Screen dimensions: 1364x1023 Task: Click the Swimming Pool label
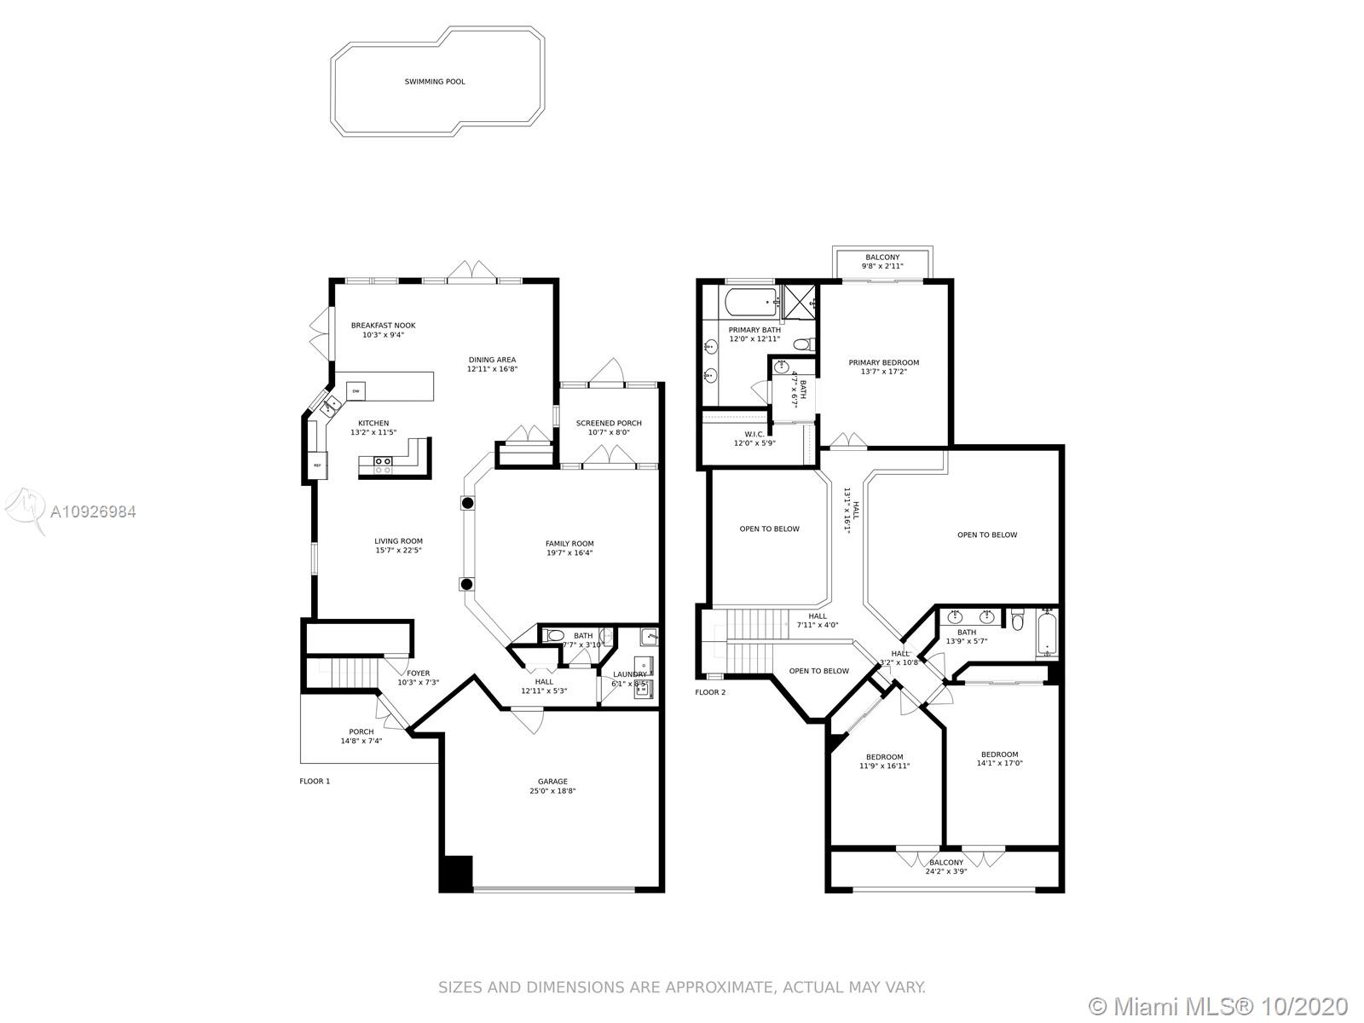(435, 81)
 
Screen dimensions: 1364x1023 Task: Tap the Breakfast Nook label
(383, 326)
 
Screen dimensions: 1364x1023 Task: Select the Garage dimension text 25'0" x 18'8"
(552, 791)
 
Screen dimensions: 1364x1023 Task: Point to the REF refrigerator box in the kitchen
(317, 465)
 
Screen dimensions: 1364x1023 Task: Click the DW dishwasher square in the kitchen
(355, 390)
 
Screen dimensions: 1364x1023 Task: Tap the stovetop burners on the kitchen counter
(382, 465)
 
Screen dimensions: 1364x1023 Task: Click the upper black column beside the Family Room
(467, 502)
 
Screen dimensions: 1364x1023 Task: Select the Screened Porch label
(609, 423)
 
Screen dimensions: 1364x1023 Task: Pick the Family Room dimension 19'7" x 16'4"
(569, 552)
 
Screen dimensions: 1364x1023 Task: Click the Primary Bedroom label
(884, 363)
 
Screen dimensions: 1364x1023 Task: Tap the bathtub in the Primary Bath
(752, 302)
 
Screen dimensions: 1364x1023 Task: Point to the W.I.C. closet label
(754, 434)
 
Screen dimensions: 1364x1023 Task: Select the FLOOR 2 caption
(710, 692)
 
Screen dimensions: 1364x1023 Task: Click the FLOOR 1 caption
(315, 781)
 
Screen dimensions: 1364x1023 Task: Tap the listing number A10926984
(93, 511)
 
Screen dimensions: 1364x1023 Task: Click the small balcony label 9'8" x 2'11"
(882, 266)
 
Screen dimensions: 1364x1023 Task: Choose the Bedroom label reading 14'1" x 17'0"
(999, 763)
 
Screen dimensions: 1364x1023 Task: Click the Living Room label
(398, 541)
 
